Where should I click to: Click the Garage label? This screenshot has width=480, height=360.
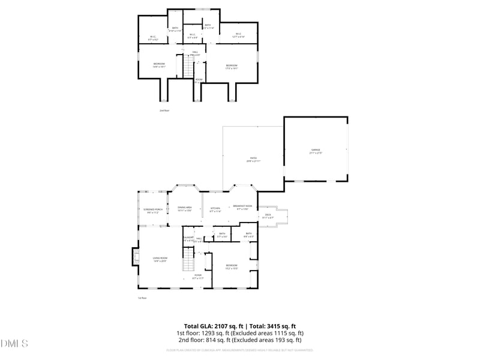316,151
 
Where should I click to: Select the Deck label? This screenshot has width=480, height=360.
268,215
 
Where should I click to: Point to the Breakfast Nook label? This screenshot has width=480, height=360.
242,207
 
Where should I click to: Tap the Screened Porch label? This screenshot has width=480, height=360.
153,211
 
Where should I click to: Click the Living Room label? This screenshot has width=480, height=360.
160,259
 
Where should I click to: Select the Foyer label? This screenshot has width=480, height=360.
197,276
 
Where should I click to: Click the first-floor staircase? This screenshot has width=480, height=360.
190,261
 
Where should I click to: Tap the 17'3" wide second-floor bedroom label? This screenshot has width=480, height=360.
232,67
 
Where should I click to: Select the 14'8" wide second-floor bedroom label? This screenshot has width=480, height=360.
159,65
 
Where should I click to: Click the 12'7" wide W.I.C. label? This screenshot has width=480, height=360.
238,35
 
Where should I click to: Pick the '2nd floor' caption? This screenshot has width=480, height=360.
164,111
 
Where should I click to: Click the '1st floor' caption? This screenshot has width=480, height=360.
142,298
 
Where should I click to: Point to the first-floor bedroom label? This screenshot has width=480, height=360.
232,266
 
